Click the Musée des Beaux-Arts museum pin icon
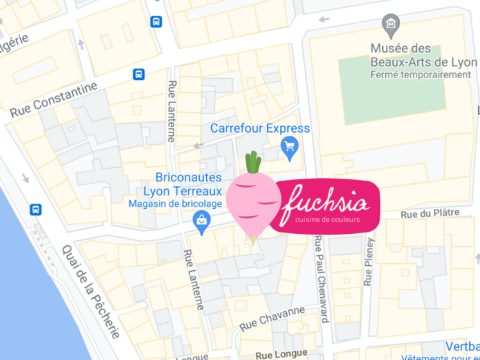[390, 26]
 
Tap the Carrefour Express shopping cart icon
[289, 149]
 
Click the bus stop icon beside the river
[36, 209]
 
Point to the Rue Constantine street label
[54, 100]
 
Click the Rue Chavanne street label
[273, 318]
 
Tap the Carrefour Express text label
[260, 128]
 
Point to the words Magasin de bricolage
[175, 204]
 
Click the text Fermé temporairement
[420, 75]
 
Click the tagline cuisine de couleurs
[327, 220]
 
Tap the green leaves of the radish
[254, 162]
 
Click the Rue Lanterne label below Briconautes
[193, 280]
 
